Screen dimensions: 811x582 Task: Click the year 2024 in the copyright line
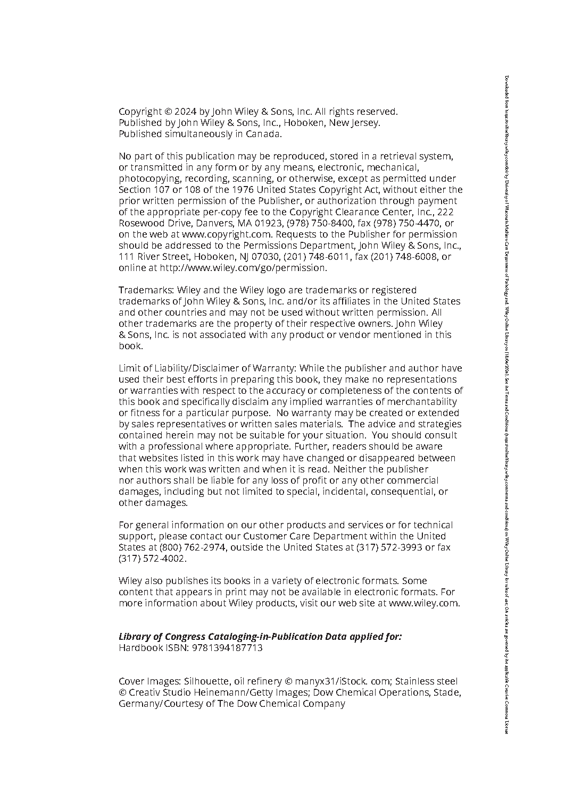186,112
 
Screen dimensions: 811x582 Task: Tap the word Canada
263,134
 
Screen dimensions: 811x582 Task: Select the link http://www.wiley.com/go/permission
243,268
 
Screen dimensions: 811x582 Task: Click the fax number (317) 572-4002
152,559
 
